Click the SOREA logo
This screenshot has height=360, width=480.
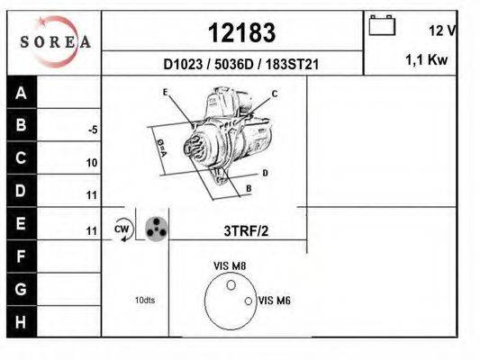[55, 41]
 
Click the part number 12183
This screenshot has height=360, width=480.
[242, 32]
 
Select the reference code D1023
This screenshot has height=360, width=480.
[183, 65]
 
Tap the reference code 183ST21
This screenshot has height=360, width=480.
[292, 65]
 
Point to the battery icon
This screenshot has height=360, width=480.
[382, 26]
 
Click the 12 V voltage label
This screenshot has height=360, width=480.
[442, 31]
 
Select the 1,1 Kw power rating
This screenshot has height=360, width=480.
[427, 59]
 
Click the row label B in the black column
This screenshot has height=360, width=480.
[21, 125]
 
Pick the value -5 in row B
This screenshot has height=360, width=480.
[93, 130]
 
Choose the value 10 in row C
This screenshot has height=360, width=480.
[92, 163]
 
